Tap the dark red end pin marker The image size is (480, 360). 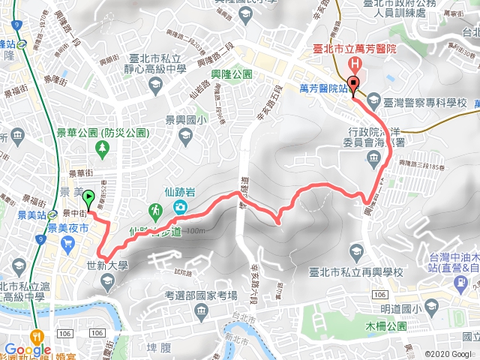(352, 84)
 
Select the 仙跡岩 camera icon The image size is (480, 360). (181, 208)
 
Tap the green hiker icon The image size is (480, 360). (154, 208)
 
